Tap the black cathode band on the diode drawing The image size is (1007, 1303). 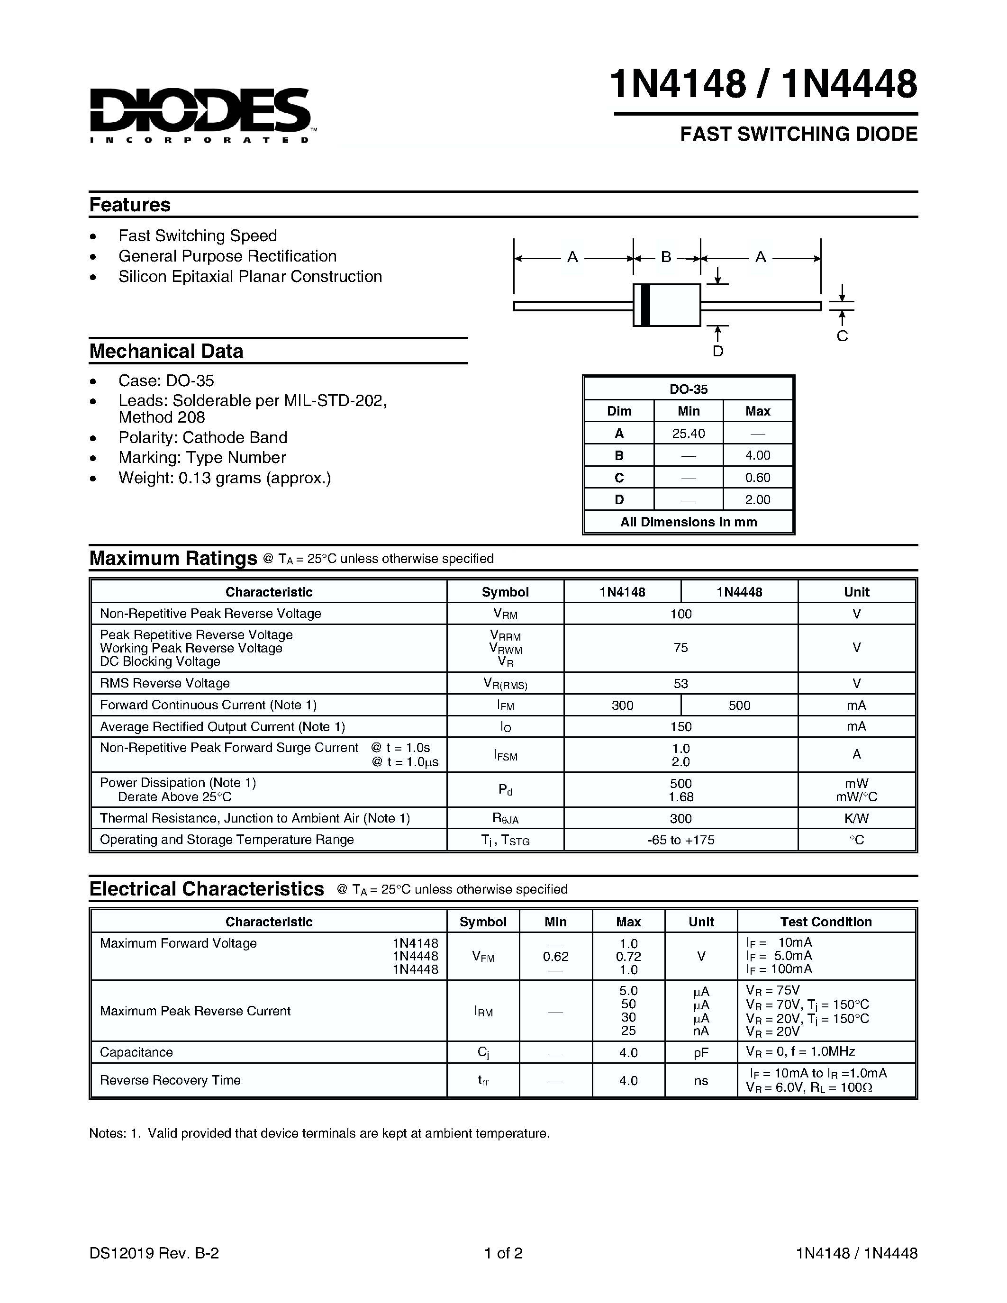pyautogui.click(x=645, y=305)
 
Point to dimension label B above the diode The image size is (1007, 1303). pyautogui.click(x=666, y=257)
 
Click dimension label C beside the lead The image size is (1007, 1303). pyautogui.click(x=842, y=336)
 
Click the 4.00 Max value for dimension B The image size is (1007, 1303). pyautogui.click(x=758, y=455)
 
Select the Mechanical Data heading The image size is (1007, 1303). pyautogui.click(x=166, y=351)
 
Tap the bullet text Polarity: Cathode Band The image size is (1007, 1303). pyautogui.click(x=203, y=437)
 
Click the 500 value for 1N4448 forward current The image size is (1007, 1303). pyautogui.click(x=739, y=705)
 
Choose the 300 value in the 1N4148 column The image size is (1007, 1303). pyautogui.click(x=622, y=705)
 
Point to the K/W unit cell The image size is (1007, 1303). pyautogui.click(x=856, y=818)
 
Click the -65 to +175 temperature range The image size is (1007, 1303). pyautogui.click(x=680, y=840)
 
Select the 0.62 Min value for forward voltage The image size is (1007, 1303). pyautogui.click(x=555, y=956)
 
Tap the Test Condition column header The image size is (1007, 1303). pyautogui.click(x=826, y=922)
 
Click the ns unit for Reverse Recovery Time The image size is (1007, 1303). pyautogui.click(x=701, y=1080)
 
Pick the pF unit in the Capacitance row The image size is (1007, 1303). pyautogui.click(x=701, y=1053)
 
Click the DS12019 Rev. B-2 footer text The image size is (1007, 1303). pyautogui.click(x=154, y=1253)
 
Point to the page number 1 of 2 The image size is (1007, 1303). pyautogui.click(x=503, y=1253)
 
